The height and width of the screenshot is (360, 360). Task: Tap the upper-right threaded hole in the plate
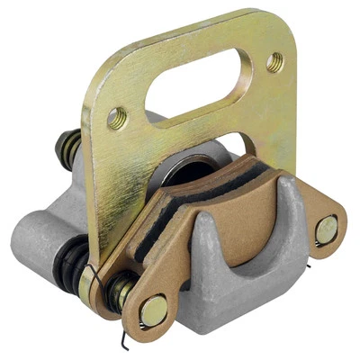coord(275,62)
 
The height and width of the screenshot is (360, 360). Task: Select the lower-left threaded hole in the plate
coord(116,117)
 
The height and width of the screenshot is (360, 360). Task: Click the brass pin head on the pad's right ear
coord(327,231)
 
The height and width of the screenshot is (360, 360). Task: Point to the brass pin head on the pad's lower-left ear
coord(154,310)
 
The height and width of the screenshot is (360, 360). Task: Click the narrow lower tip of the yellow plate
coord(91,292)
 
